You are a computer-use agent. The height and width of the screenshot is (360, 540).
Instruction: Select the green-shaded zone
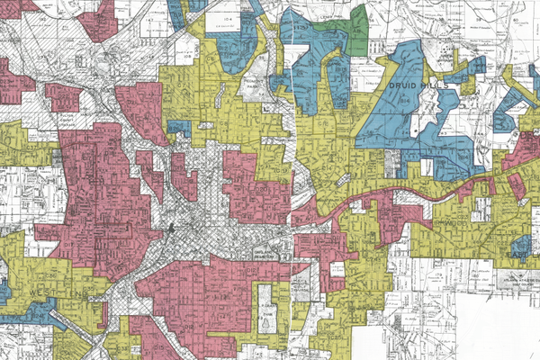357,27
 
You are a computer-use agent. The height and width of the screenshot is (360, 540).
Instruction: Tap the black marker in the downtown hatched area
169,230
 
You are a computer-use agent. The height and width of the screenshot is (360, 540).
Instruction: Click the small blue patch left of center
179,130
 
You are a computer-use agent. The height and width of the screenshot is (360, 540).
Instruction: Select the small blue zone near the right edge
520,245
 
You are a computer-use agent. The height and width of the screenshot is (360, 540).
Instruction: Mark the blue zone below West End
31,312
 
